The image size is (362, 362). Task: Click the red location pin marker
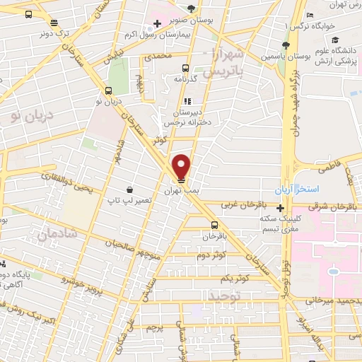[x=182, y=167]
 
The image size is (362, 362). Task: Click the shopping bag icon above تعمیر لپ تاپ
[x=130, y=189]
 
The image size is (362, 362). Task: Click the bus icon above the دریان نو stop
[x=108, y=90]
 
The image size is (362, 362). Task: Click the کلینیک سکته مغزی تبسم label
[x=281, y=223]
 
